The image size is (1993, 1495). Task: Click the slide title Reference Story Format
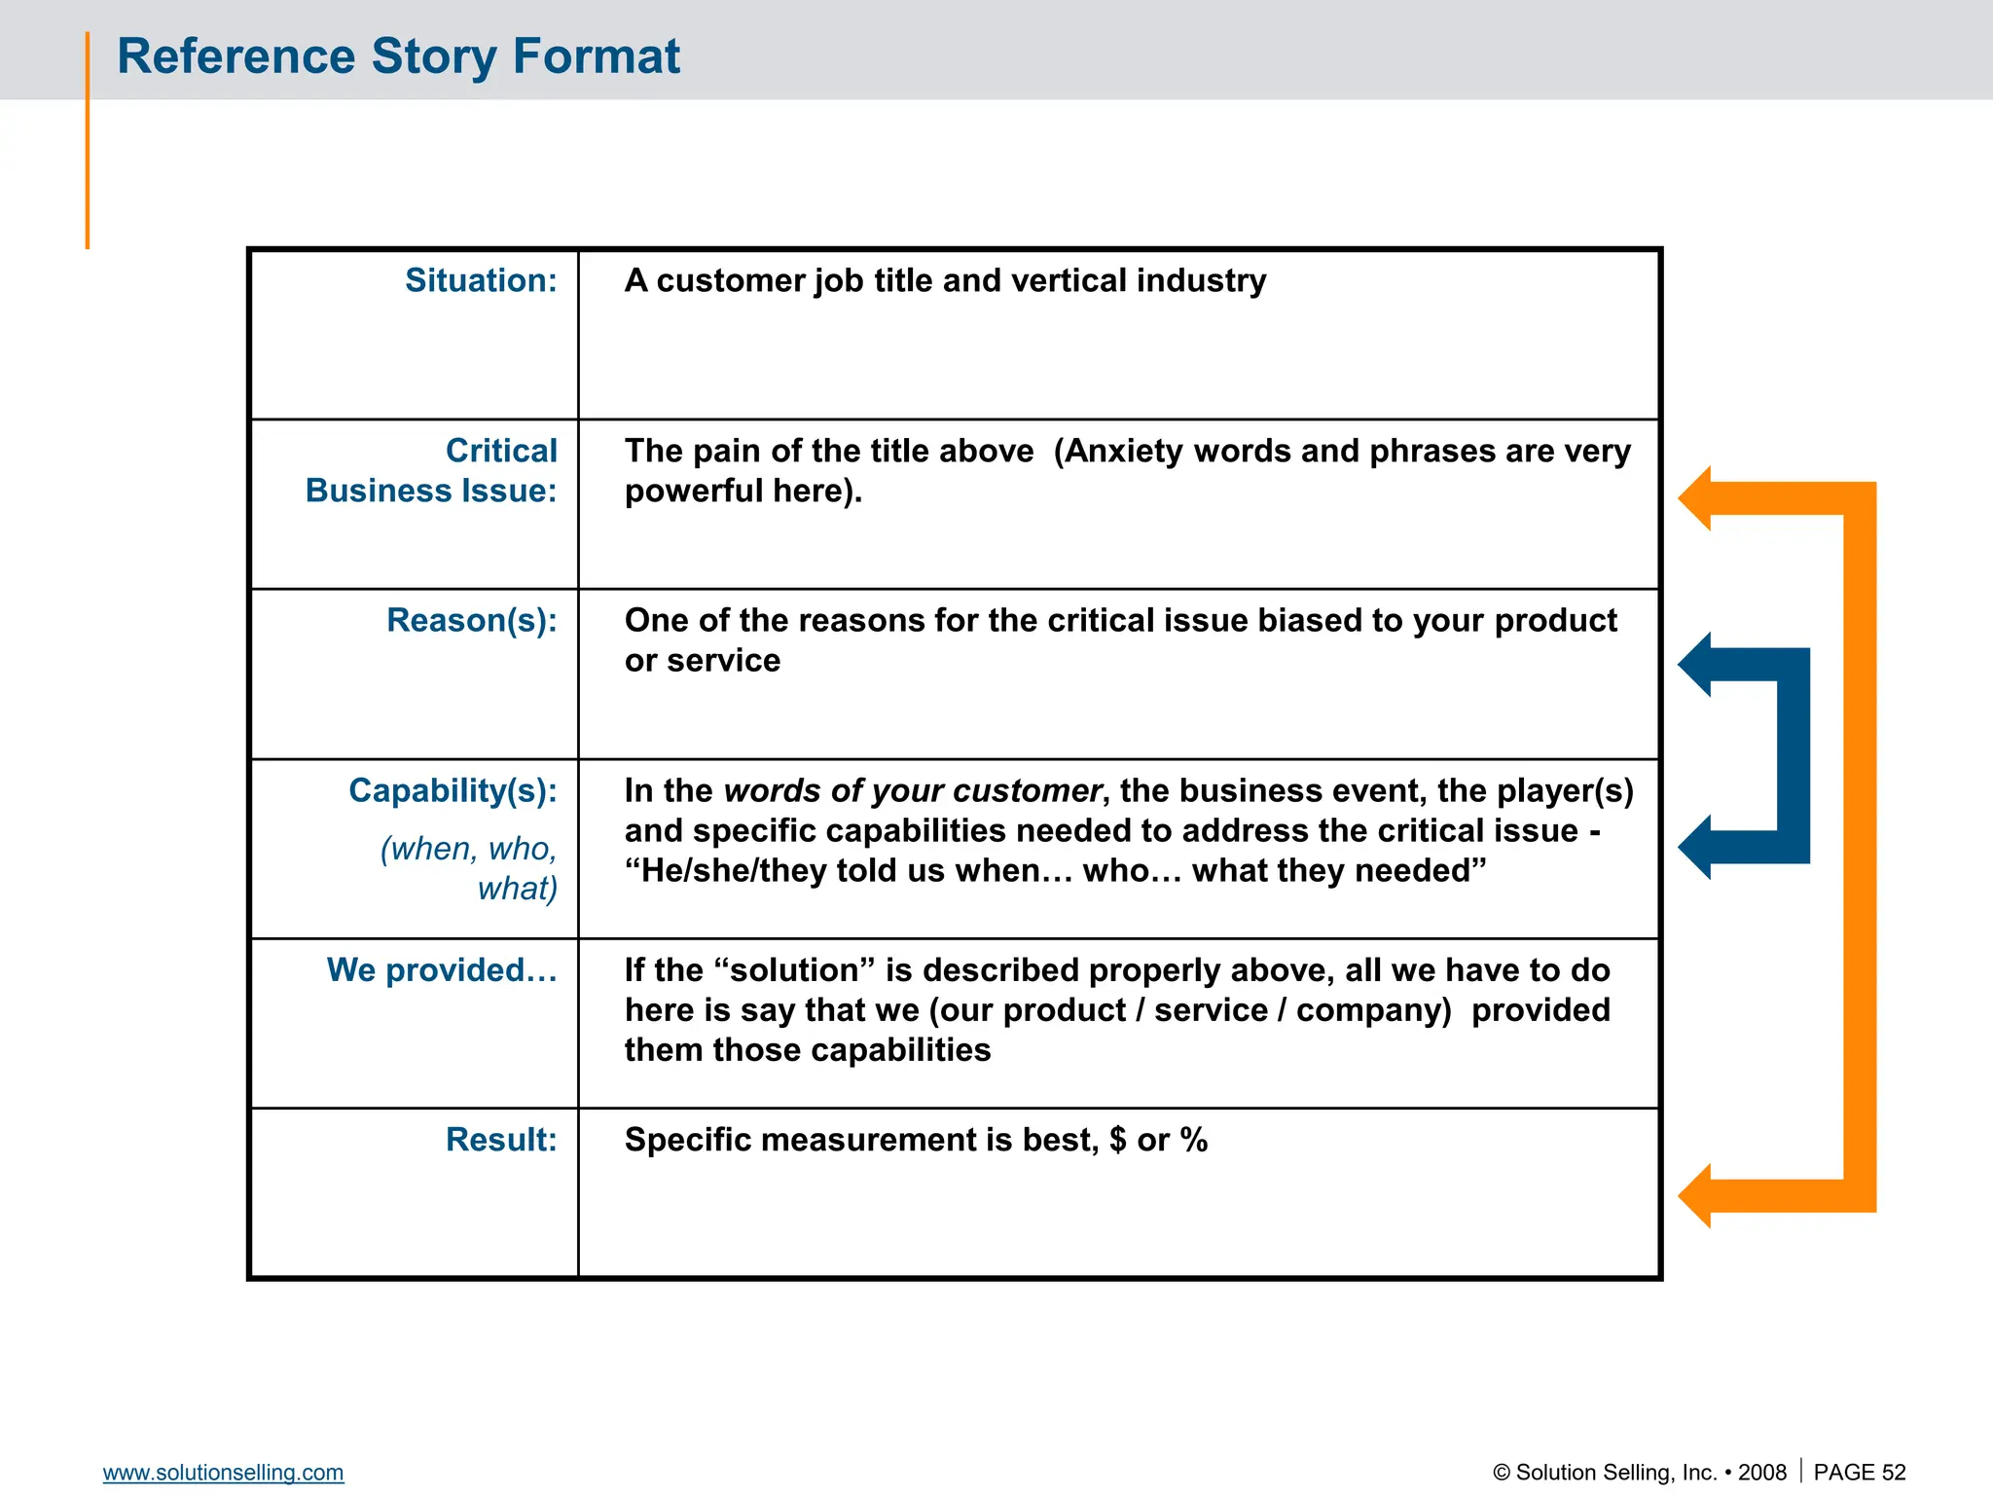pos(398,56)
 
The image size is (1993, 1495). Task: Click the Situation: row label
pos(481,280)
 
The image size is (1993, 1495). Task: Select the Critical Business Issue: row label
pos(431,471)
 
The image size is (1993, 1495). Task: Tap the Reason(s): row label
pos(471,620)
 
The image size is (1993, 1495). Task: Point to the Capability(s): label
pos(453,790)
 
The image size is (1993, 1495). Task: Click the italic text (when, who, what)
pos(469,868)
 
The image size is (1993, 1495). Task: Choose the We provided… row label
pos(442,970)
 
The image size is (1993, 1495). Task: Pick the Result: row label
pos(500,1140)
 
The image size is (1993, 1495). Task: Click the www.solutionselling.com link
pos(223,1473)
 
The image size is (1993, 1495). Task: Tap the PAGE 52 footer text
pos(1859,1473)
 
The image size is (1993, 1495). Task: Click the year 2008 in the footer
pos(1761,1473)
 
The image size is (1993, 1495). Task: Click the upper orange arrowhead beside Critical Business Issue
pos(1697,498)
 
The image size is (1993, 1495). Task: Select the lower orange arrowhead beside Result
pos(1697,1195)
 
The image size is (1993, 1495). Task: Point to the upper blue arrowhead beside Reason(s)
pos(1697,665)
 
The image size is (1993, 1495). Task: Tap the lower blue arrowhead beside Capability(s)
pos(1697,847)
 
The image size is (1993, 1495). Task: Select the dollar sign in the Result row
pos(1117,1140)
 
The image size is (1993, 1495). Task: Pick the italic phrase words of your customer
pos(912,790)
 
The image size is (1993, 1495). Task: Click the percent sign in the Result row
pos(1193,1140)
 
